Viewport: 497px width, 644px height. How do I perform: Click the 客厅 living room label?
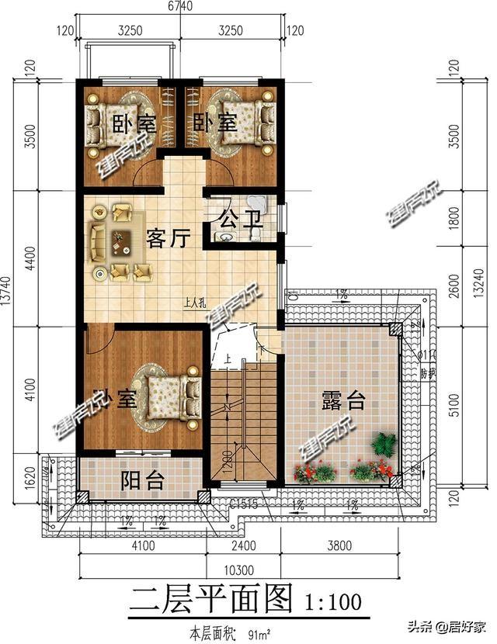click(x=168, y=239)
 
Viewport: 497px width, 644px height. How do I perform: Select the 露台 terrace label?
click(x=343, y=401)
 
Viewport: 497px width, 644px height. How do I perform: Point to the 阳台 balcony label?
click(x=143, y=481)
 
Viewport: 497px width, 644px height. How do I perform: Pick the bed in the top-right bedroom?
click(x=247, y=123)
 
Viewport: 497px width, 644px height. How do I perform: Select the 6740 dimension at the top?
click(x=180, y=6)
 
